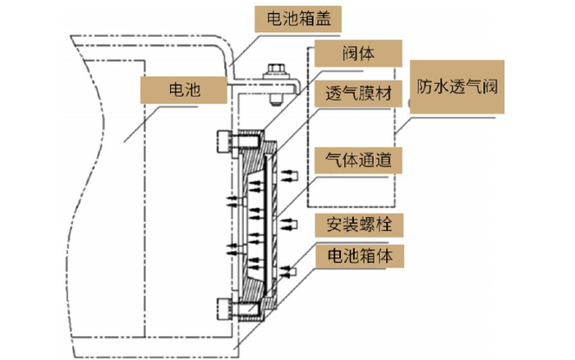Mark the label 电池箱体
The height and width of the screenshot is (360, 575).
click(x=358, y=256)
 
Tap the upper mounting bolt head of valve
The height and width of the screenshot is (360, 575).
click(x=225, y=141)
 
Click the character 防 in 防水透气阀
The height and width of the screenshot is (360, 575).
click(x=425, y=85)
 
